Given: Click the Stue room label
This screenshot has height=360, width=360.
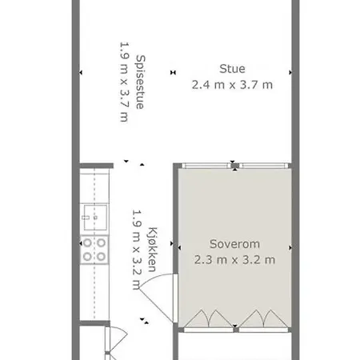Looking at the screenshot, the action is [232, 69].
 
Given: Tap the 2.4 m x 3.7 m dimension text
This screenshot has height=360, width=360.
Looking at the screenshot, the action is [232, 85].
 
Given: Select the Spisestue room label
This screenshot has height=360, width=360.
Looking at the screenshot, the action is [141, 82].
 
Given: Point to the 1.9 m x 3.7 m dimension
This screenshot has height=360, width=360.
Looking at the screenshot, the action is [125, 82].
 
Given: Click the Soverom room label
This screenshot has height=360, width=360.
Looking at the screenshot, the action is [234, 244].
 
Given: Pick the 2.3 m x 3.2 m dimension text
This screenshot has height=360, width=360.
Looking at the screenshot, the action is [234, 260].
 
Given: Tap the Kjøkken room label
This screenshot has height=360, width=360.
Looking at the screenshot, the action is [152, 250].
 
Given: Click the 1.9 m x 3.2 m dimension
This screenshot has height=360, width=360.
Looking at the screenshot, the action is [137, 250].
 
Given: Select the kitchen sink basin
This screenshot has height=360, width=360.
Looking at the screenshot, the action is [95, 218].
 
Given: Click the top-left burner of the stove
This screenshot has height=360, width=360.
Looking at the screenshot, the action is [87, 243].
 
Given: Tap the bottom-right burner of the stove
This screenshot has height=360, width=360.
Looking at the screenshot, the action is [101, 257].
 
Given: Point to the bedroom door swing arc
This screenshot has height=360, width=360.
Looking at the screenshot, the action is [154, 278].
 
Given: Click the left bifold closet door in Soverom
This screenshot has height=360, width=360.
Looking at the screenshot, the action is [209, 318].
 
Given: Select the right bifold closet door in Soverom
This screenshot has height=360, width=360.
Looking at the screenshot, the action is [263, 318].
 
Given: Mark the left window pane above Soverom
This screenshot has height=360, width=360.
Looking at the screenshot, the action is [206, 166].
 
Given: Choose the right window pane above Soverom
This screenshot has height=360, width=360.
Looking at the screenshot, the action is [264, 166].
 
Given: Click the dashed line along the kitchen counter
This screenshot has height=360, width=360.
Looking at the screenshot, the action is [94, 243].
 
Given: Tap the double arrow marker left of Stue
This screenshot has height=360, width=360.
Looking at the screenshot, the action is [173, 72].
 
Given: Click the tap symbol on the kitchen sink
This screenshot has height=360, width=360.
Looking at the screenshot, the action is [86, 218].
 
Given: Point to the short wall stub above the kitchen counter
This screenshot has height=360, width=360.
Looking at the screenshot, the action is [97, 166].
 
